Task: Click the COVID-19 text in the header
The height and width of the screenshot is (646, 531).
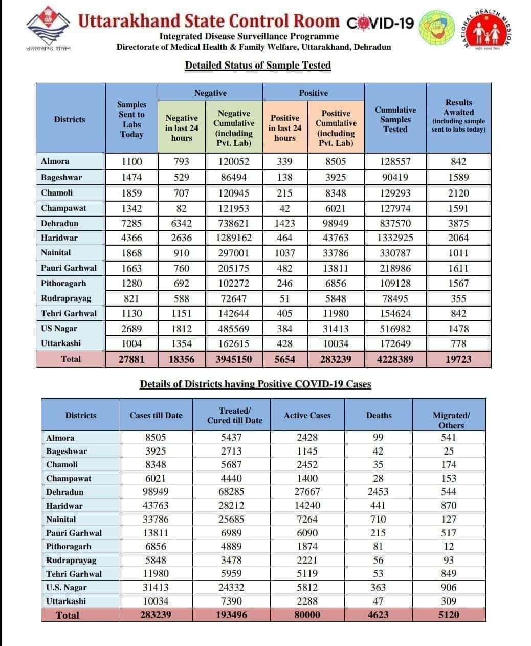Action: (380, 23)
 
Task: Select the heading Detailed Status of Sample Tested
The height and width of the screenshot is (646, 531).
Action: (258, 66)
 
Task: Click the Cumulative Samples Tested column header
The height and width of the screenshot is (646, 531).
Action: (395, 119)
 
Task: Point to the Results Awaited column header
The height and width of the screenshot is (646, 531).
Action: (458, 116)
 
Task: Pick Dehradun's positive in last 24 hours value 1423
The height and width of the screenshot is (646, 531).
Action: (284, 224)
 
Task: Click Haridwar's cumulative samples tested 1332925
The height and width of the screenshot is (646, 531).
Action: (395, 238)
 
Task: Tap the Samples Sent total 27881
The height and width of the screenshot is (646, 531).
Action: (131, 359)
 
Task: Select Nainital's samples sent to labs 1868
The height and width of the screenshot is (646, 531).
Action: (131, 253)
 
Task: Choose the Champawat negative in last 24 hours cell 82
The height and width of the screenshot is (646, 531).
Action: (182, 208)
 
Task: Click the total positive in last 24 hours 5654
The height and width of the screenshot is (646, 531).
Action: (284, 359)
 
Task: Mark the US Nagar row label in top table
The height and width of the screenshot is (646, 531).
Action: (59, 329)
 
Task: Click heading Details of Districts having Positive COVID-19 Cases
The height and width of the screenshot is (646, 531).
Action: (255, 384)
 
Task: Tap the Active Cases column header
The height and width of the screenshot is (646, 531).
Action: (307, 416)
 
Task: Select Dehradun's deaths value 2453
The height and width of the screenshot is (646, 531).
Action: (378, 492)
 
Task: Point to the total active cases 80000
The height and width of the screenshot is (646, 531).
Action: (307, 615)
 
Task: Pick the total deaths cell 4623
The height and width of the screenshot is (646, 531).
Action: (378, 615)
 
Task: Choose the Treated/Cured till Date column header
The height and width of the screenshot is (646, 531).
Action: (234, 416)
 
